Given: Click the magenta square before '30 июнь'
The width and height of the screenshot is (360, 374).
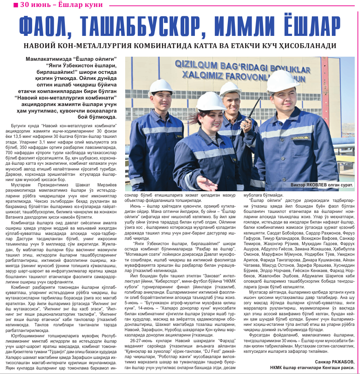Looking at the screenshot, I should pos(15,5).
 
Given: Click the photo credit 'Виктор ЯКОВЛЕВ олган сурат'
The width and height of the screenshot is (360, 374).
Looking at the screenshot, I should pos(321,185).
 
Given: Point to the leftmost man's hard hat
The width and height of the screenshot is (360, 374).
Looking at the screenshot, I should pos(161,86).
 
